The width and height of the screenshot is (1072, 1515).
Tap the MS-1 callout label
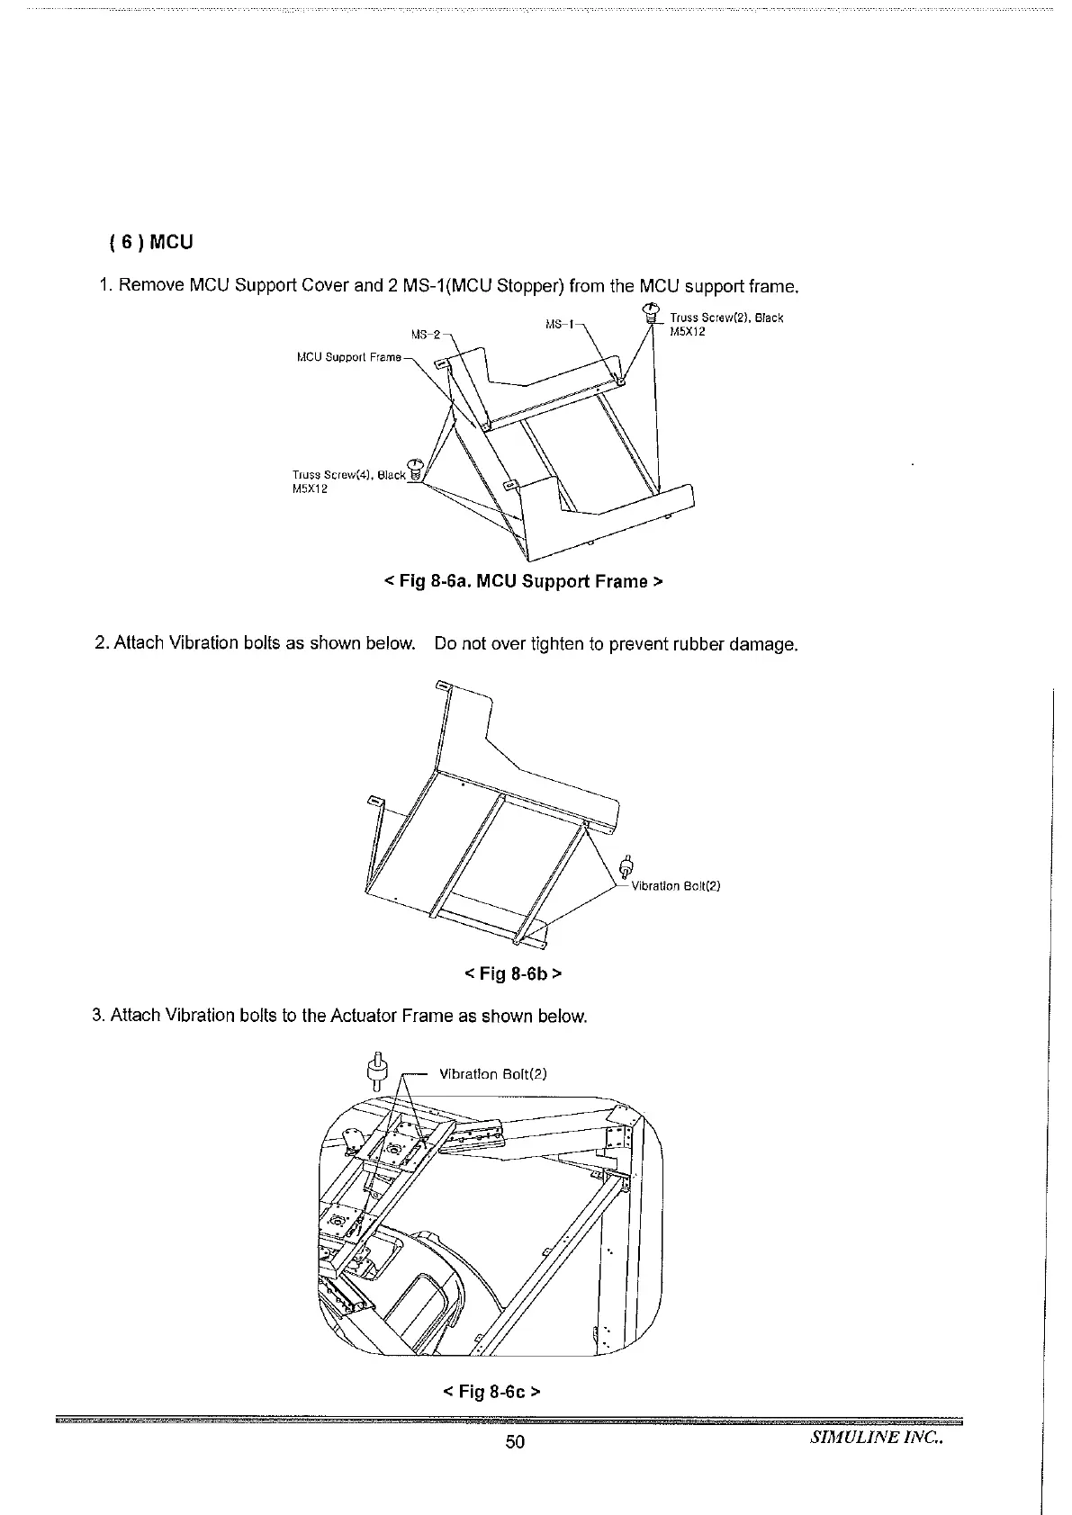pos(561,322)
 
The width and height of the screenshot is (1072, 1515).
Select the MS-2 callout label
pos(425,336)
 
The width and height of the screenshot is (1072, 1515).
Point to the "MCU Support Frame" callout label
pos(348,358)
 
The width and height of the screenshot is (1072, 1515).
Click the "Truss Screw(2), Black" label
pos(726,318)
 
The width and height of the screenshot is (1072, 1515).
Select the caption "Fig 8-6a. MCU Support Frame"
pos(523,581)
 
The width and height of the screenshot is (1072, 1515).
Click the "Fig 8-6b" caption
pos(514,973)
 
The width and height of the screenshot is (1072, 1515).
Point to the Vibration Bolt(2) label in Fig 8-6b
pos(676,885)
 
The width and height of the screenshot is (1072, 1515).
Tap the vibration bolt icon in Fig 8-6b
pos(628,866)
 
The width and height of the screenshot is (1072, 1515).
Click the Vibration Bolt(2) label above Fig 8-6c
pos(492,1073)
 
